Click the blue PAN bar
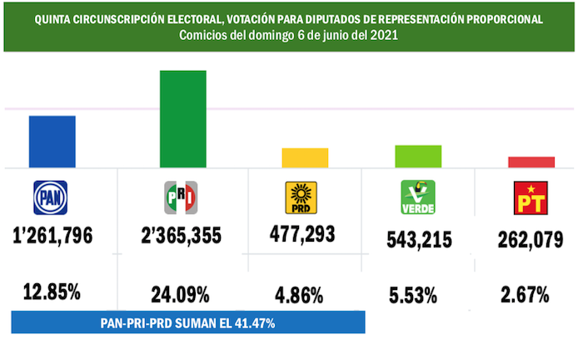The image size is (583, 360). [52, 141]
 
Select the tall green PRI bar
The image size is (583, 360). [182, 118]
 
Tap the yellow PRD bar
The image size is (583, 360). [305, 157]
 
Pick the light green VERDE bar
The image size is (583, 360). [418, 156]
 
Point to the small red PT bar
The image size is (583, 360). [531, 162]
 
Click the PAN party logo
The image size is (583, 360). [50, 197]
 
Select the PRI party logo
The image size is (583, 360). [181, 197]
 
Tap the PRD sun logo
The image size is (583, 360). [301, 198]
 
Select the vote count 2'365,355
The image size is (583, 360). [182, 236]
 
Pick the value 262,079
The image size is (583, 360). [530, 237]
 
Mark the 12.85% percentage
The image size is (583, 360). [52, 292]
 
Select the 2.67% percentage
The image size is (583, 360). [526, 294]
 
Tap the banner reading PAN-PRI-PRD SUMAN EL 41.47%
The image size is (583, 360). [188, 321]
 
